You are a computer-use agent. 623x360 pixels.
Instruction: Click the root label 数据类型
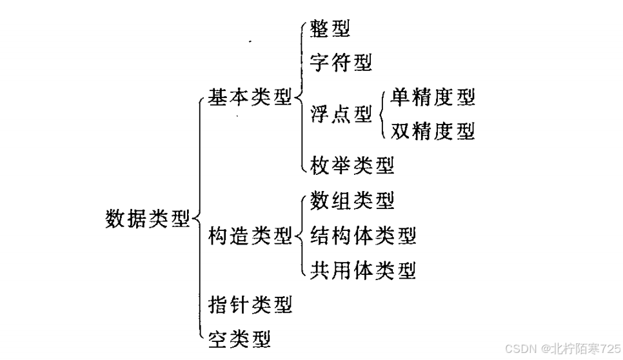click(148, 219)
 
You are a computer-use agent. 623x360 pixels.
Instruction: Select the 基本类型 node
click(250, 98)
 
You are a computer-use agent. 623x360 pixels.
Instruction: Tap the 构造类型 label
click(250, 236)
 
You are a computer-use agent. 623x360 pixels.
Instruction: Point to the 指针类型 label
click(250, 303)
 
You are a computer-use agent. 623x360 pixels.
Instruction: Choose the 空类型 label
click(239, 337)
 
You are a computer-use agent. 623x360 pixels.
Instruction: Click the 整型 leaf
click(330, 29)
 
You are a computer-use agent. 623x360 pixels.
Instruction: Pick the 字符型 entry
click(341, 63)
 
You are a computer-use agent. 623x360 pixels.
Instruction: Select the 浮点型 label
click(341, 115)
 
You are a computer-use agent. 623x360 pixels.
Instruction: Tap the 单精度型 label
click(432, 97)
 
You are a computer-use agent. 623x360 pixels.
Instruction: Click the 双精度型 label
click(432, 132)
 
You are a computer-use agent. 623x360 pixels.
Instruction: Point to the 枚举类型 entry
click(351, 166)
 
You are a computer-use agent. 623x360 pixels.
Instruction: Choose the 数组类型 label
click(351, 201)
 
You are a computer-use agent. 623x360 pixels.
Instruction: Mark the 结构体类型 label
click(362, 235)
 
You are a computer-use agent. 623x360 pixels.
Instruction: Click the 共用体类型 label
click(362, 270)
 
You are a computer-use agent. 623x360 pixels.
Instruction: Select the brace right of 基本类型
click(301, 98)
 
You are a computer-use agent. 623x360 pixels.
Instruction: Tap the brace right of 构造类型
click(301, 236)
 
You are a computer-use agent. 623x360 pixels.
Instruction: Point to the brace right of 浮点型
click(382, 115)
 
